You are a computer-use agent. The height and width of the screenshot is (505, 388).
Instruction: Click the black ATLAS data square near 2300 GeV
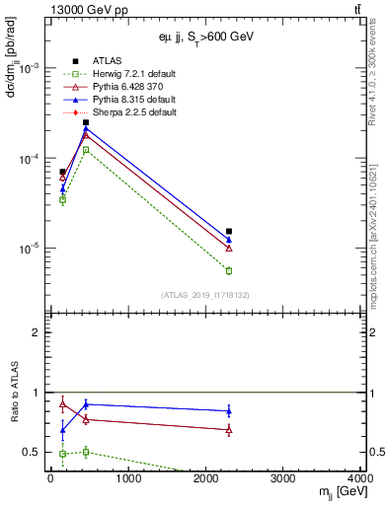[x=229, y=232]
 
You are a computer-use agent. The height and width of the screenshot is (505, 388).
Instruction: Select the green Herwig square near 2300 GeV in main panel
[x=229, y=270]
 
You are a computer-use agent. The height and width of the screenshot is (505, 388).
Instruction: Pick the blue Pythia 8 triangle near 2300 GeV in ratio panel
[x=229, y=411]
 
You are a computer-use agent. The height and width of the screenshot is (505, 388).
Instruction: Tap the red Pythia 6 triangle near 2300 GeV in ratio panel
[x=229, y=430]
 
